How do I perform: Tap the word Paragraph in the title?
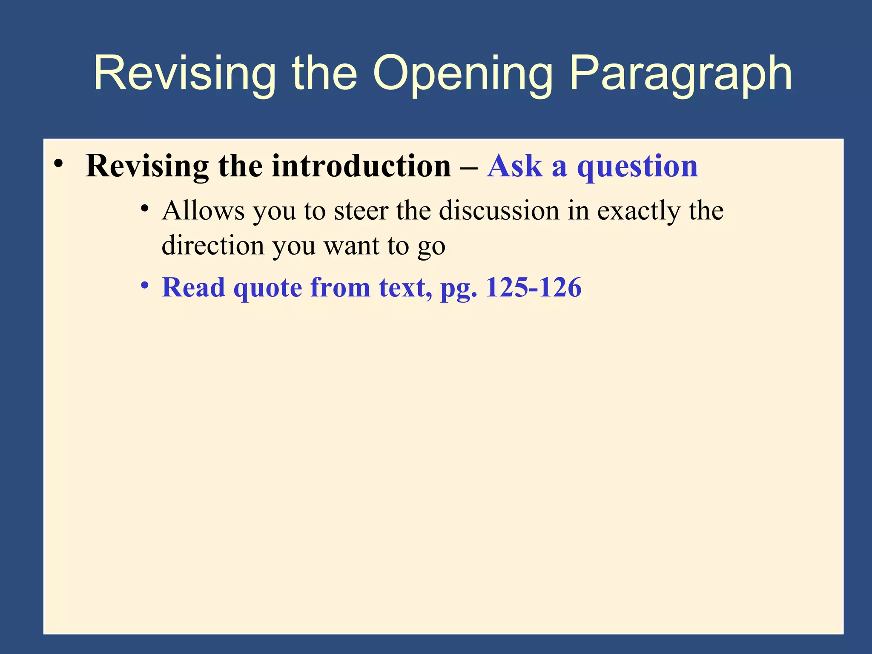[680, 73]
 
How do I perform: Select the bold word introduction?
[361, 166]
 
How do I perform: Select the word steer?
[361, 211]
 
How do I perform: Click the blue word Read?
[193, 287]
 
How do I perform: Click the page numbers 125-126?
[534, 287]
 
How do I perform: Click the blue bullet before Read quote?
[145, 285]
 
